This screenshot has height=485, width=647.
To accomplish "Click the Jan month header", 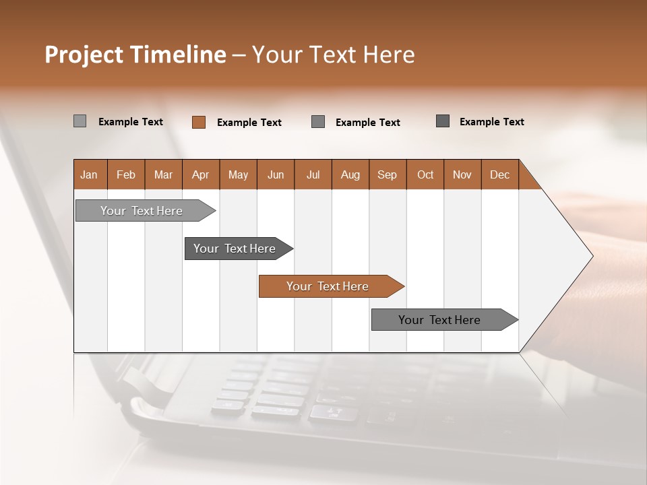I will click(89, 174).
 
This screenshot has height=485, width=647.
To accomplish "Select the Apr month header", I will click(200, 174).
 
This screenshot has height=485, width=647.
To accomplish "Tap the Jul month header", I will click(313, 174).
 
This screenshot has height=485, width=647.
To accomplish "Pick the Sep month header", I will click(387, 174).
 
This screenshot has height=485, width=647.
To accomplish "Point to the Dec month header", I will click(499, 174).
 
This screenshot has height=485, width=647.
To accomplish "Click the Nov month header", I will click(462, 174).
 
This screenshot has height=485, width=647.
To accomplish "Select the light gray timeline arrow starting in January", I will click(142, 211).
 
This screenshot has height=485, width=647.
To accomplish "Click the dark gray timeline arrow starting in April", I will click(235, 249).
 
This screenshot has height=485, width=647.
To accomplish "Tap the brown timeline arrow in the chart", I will click(328, 286).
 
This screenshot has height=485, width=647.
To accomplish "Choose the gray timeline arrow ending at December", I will click(439, 320).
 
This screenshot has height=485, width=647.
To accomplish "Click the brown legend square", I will click(199, 122).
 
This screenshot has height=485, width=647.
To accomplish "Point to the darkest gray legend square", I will click(443, 121).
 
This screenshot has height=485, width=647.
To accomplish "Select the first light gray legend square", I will click(80, 121).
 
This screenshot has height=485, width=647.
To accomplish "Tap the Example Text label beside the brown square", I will click(249, 123).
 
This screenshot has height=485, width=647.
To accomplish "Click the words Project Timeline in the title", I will click(135, 55).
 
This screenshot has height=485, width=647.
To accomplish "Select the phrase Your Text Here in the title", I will click(333, 55).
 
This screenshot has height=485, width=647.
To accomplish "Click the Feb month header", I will click(126, 174).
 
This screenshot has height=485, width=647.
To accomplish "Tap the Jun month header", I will click(276, 174).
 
